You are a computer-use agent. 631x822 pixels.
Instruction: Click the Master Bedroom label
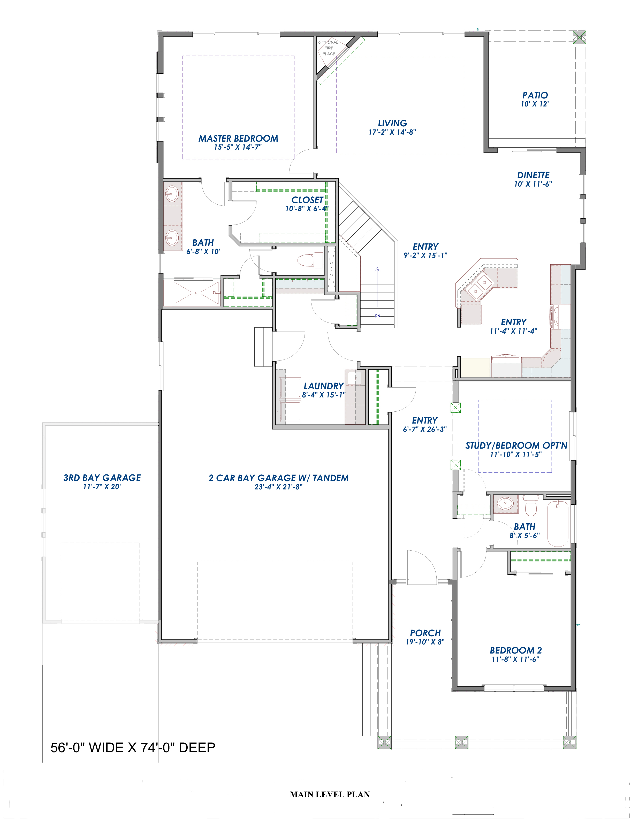tap(238, 139)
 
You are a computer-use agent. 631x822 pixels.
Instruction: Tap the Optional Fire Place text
tap(329, 48)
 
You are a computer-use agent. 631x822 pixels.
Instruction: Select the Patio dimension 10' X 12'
tap(535, 104)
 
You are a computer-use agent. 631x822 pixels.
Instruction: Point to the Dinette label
tap(533, 175)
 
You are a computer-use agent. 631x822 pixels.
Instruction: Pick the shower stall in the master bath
tap(196, 293)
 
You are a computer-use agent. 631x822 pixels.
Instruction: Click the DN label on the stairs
tap(377, 316)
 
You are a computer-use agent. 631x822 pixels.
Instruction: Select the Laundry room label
tap(323, 386)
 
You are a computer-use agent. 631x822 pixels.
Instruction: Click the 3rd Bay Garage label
tap(102, 478)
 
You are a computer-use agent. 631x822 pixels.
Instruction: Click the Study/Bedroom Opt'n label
tap(516, 446)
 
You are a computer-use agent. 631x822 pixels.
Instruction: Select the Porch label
tap(425, 633)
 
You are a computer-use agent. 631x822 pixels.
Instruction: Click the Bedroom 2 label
tap(516, 650)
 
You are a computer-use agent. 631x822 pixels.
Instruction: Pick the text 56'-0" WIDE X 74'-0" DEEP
tap(133, 748)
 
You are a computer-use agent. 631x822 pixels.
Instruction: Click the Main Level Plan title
tap(329, 794)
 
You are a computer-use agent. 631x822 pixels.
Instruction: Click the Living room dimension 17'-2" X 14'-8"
tap(392, 132)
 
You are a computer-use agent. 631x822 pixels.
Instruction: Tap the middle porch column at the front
tap(462, 742)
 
